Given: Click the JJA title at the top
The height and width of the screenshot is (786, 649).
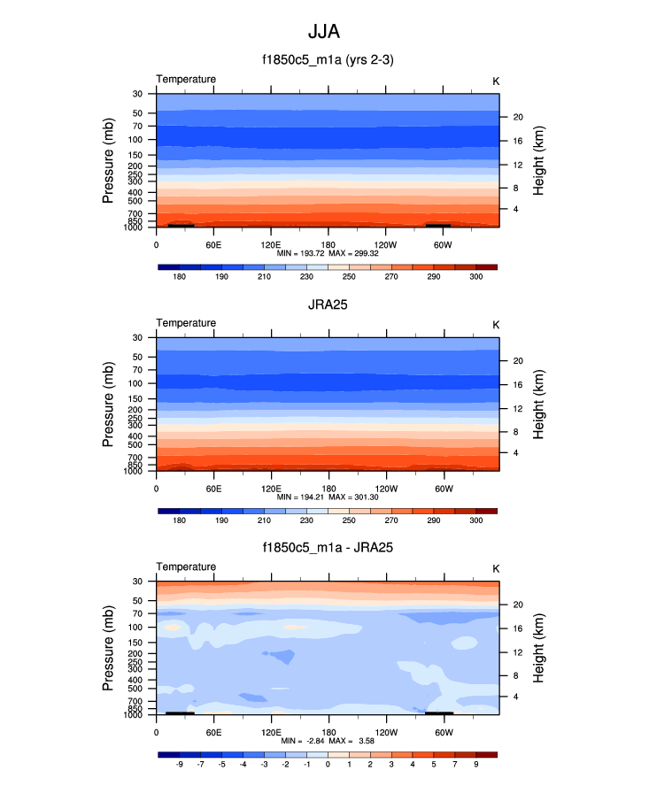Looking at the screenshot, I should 323,32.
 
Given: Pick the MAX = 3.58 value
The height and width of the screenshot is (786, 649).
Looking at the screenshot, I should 352,740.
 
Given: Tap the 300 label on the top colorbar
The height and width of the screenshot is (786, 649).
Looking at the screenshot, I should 475,277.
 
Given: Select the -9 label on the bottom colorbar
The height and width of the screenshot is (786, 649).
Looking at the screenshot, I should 180,765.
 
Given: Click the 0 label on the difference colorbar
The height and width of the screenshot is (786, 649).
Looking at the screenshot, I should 328,765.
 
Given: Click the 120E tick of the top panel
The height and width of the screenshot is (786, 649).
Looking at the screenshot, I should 271,243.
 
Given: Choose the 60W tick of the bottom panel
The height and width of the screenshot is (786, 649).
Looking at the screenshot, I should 444,732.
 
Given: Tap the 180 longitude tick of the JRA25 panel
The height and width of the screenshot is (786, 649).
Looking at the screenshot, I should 328,488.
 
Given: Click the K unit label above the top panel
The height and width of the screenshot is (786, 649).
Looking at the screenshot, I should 496,81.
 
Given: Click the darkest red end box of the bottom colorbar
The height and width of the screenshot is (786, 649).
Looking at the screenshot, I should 486,754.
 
